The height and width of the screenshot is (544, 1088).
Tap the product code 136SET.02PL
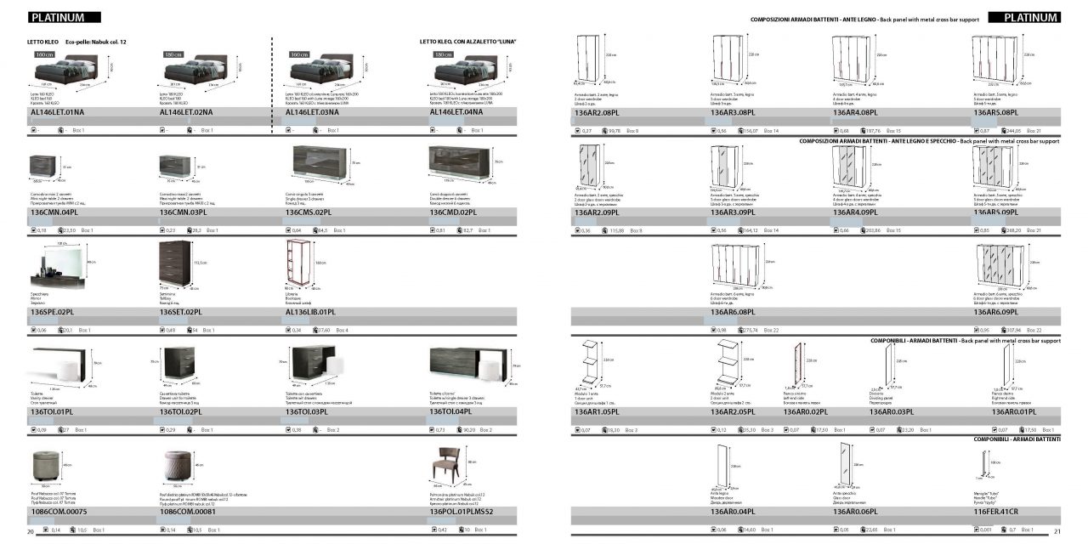pos(180,313)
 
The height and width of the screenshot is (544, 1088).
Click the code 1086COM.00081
pos(188,512)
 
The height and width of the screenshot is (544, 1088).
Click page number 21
pos(1057,532)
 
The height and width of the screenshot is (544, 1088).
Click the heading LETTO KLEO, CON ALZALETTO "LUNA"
pos(467,41)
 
